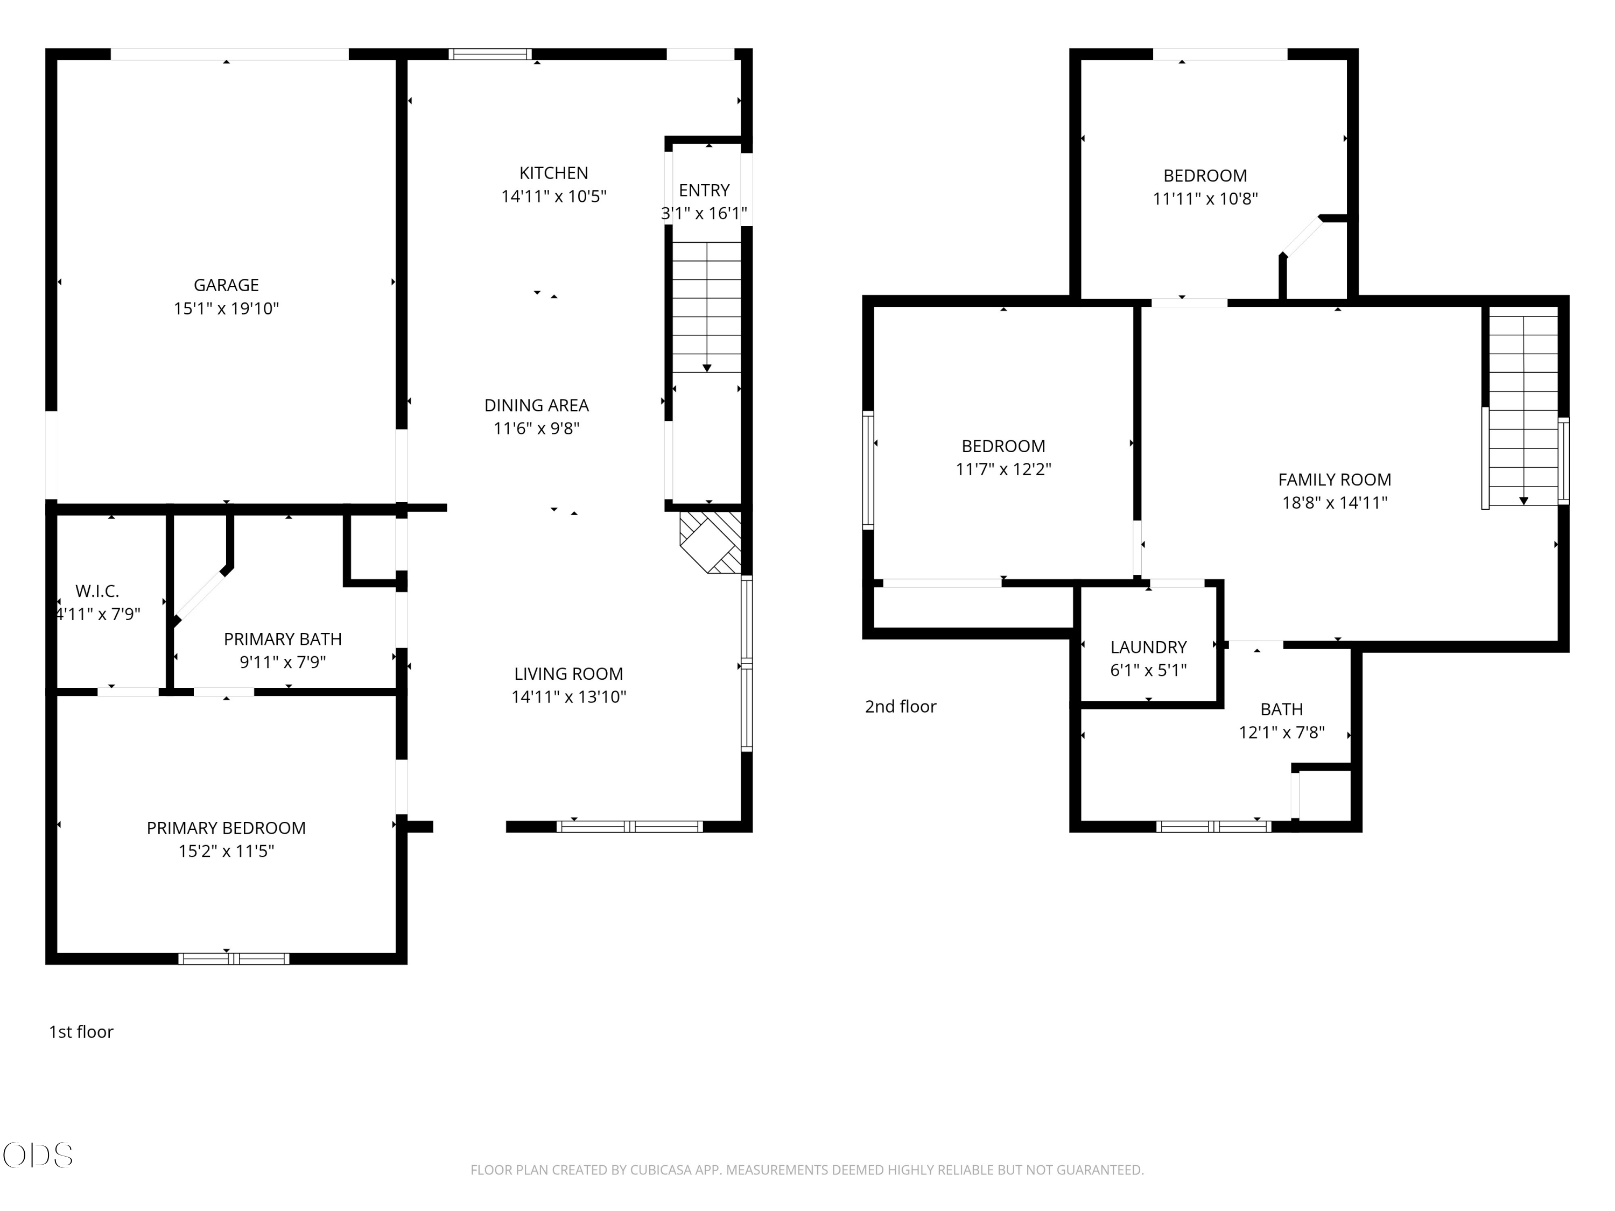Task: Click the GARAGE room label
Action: coord(226,285)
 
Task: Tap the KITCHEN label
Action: coord(553,173)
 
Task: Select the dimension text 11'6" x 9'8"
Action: coord(537,428)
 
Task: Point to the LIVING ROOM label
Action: coord(569,674)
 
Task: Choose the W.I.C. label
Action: coord(97,592)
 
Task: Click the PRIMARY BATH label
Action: coord(283,639)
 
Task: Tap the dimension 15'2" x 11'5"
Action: coord(226,851)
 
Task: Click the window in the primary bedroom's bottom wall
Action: coord(234,959)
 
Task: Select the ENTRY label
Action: coord(704,191)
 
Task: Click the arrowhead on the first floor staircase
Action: coord(707,369)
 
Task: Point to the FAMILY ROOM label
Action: coord(1335,480)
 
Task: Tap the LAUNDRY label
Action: coord(1148,647)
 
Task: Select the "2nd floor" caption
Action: coord(900,707)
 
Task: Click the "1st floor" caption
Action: coord(81,1031)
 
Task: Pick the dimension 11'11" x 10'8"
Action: coord(1205,199)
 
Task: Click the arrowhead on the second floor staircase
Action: coord(1523,501)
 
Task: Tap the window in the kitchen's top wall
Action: coord(490,53)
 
